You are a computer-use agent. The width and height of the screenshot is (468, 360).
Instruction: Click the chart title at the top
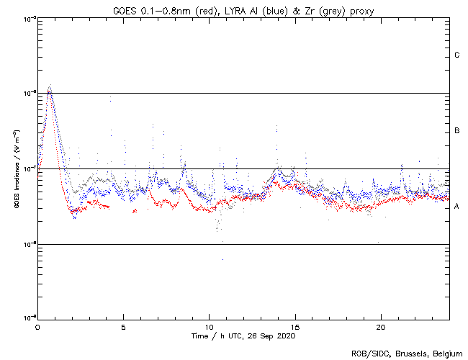pos(243,9)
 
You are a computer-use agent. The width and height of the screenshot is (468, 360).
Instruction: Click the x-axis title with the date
pos(243,336)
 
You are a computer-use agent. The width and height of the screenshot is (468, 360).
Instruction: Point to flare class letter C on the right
pos(457,55)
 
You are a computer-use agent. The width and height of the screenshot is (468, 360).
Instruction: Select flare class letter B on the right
pos(457,131)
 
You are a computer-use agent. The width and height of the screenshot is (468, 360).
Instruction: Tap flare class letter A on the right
pos(457,207)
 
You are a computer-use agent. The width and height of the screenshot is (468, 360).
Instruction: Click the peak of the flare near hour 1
pos(49,88)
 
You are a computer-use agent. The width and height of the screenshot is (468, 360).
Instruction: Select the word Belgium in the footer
pos(446,353)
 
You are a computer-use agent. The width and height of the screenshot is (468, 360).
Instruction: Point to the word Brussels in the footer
pos(408,353)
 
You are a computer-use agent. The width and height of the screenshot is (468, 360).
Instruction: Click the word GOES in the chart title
pos(124,9)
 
